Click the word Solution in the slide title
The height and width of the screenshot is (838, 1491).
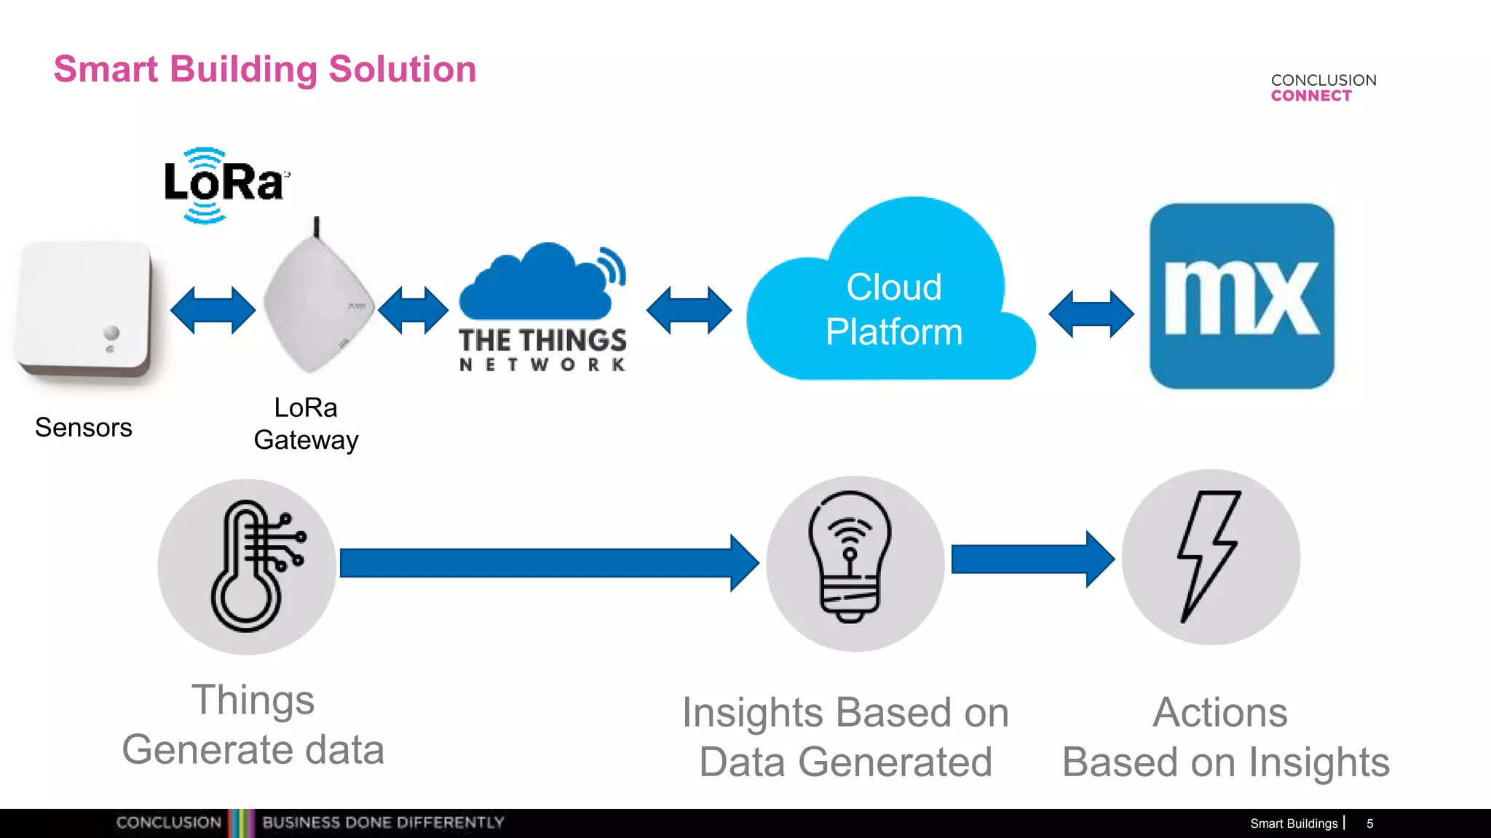coord(402,70)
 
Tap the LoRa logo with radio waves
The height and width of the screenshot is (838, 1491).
coord(224,184)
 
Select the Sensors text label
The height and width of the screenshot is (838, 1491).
coord(84,428)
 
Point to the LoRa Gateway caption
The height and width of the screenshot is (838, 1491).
coord(306,424)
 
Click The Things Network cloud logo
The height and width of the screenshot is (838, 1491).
coord(542,306)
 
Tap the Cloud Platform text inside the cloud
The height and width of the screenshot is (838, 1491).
coord(893,309)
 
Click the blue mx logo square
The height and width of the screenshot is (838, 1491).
coord(1241,296)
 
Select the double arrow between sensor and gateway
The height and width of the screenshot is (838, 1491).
coord(213,311)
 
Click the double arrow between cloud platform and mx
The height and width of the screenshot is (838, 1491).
coord(1091,314)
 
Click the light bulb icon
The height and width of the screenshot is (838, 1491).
coord(850,557)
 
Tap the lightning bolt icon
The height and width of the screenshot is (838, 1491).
coord(1209,556)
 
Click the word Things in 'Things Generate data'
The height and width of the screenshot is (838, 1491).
coord(253,700)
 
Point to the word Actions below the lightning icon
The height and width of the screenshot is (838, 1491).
coord(1220,712)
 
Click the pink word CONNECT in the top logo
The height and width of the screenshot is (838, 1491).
coord(1311,96)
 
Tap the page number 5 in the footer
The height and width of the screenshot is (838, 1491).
coord(1369,823)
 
